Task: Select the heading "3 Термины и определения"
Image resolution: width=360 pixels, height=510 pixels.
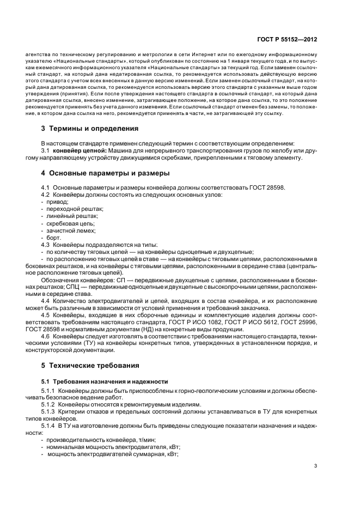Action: click(89, 129)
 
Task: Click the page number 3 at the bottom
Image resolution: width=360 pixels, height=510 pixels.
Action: click(315, 466)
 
